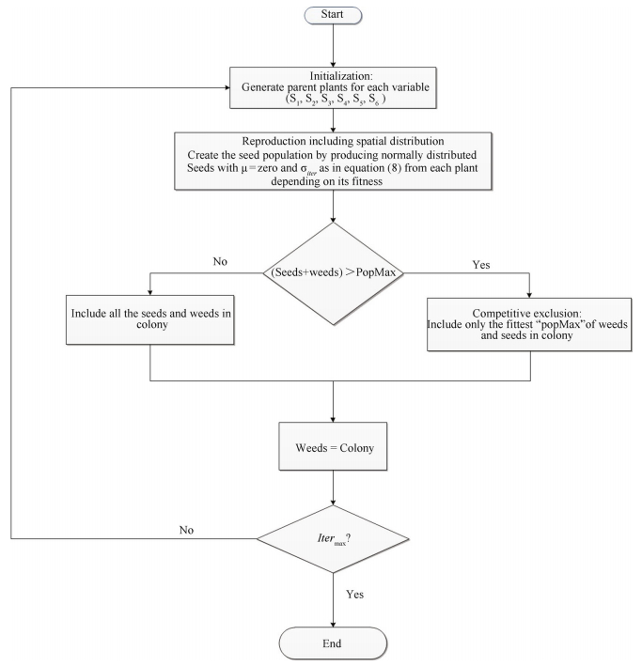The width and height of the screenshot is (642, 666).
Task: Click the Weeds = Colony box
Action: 334,447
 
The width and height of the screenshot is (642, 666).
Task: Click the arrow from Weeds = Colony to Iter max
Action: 334,489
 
